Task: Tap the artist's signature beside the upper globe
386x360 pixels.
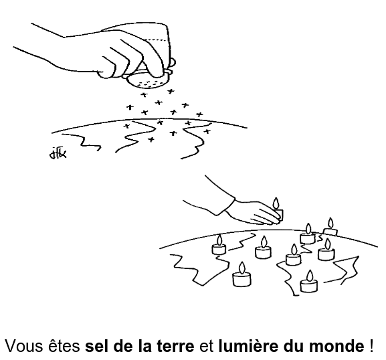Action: [58, 153]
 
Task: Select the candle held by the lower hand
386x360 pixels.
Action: [278, 210]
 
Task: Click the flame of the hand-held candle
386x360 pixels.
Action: [276, 203]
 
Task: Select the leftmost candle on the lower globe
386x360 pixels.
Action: [219, 245]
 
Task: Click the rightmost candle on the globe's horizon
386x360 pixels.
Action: [330, 227]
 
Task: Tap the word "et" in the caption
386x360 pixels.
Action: [206, 346]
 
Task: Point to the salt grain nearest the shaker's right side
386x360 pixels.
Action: [171, 92]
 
